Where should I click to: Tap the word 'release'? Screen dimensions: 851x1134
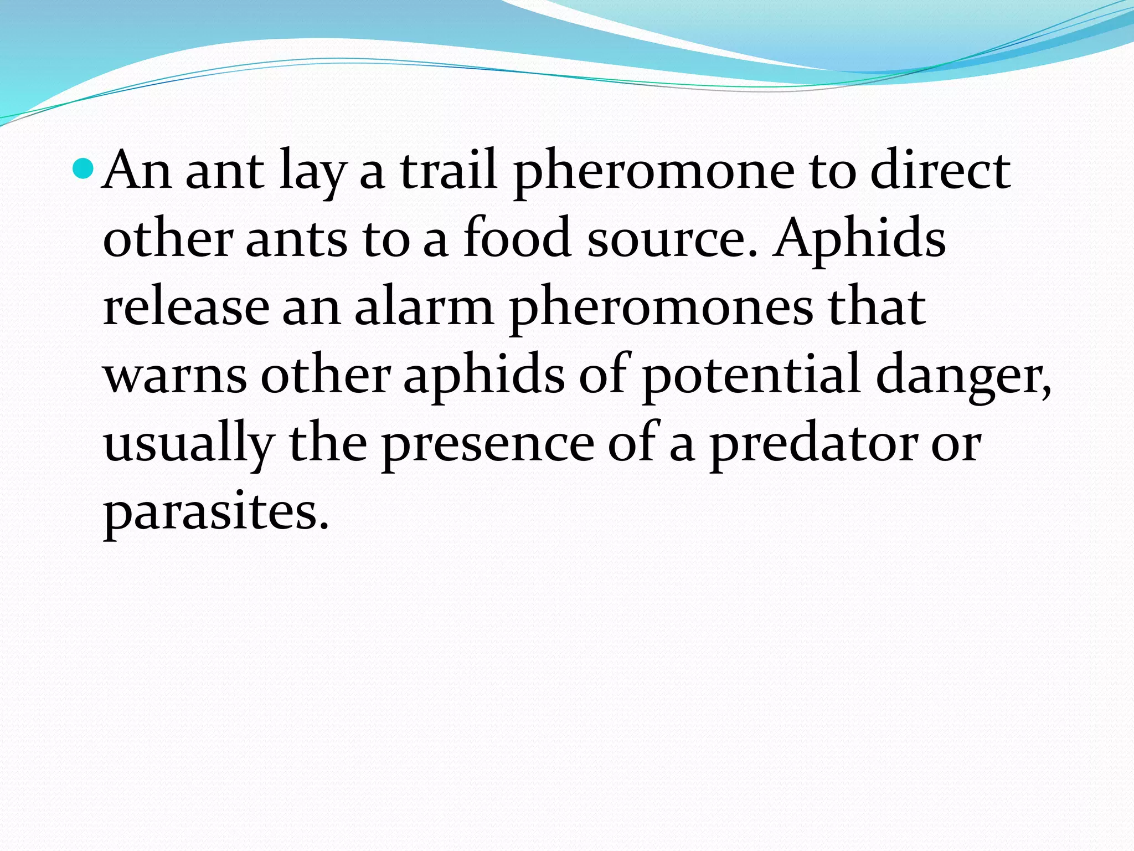coord(186,308)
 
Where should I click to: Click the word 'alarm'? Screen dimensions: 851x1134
coord(424,308)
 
